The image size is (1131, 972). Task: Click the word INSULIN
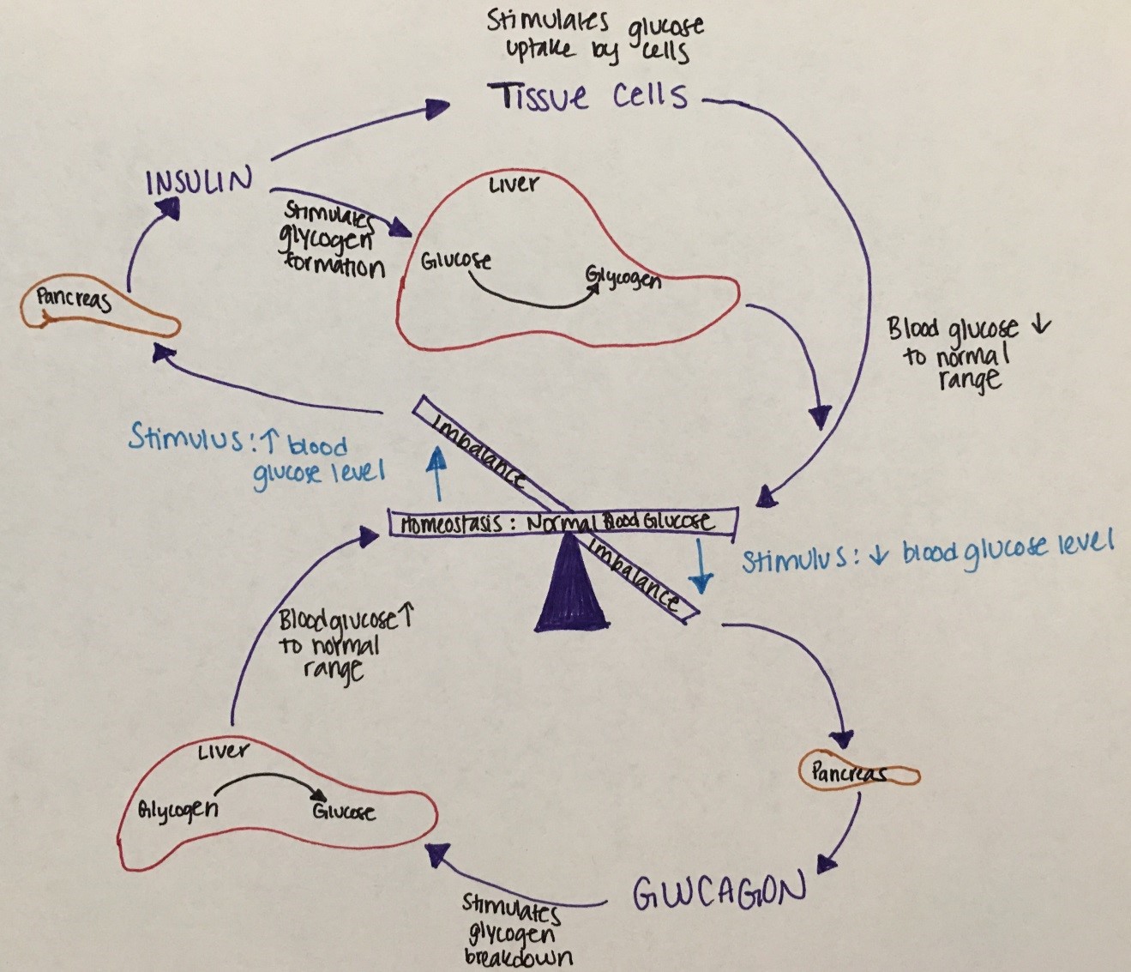tap(200, 183)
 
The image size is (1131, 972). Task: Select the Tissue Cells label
tap(588, 96)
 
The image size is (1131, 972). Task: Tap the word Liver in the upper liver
tap(514, 185)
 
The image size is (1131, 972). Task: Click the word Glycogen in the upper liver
tap(623, 278)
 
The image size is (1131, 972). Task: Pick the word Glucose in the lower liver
tap(343, 811)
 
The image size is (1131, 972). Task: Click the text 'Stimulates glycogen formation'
tap(335, 240)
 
